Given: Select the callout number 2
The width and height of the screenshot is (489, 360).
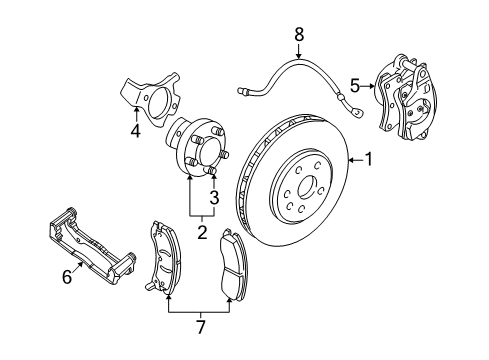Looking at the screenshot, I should point(201,232).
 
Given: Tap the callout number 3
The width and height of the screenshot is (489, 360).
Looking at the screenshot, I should point(212,197).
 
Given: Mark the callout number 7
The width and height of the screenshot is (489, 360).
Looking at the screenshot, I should point(199,326).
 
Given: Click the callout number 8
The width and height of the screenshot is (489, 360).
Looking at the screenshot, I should point(298,36).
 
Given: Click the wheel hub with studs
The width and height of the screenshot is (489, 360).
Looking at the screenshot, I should point(197,151).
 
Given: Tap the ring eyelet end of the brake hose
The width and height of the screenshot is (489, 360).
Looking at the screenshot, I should point(353,99).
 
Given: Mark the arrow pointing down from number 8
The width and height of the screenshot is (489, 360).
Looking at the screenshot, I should point(298,53).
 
